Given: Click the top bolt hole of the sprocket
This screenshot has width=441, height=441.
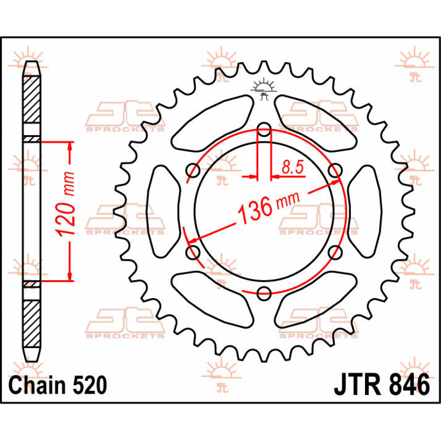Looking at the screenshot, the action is pyautogui.click(x=264, y=129).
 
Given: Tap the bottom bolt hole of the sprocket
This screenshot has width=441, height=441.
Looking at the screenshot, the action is pyautogui.click(x=264, y=293).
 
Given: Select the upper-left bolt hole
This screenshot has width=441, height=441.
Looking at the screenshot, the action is pyautogui.click(x=193, y=170).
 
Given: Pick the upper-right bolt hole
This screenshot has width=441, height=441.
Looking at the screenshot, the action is pyautogui.click(x=335, y=170).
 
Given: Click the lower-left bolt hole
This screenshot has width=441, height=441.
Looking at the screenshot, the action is pyautogui.click(x=193, y=252).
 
